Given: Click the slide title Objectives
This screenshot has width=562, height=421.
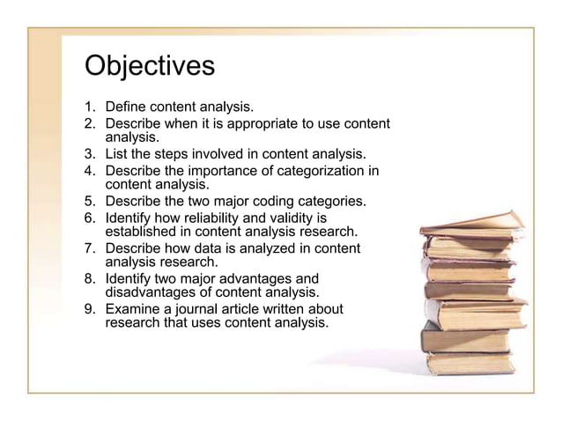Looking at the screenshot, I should pyautogui.click(x=149, y=67).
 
